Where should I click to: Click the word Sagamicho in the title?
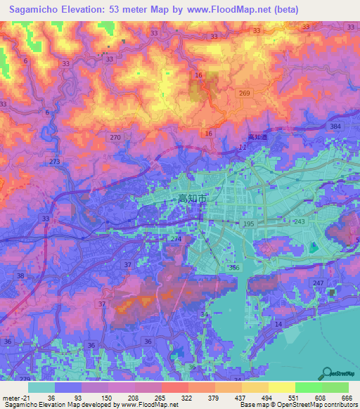tap(37, 10)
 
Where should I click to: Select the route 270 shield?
tap(115, 137)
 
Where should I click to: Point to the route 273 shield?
tap(54, 162)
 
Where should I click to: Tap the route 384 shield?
tap(335, 126)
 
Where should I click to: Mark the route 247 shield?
tap(318, 283)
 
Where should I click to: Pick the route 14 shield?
tap(278, 323)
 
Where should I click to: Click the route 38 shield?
tap(20, 276)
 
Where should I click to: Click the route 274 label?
tap(176, 240)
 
